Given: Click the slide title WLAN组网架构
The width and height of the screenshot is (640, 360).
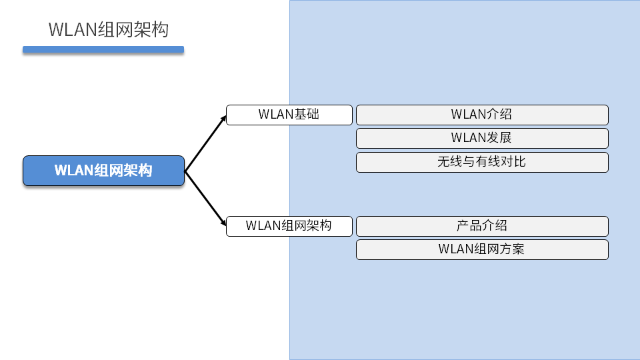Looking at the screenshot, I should click(x=109, y=30).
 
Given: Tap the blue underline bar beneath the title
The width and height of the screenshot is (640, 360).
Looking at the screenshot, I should click(x=103, y=49).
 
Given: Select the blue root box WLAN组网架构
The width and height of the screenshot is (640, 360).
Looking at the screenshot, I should click(x=103, y=171).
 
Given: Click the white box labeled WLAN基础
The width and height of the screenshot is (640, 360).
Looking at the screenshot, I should click(x=289, y=115).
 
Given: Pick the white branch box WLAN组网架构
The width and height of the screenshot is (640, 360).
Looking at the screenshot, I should click(x=289, y=226).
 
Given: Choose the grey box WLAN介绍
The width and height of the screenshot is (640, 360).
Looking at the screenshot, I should click(x=482, y=115).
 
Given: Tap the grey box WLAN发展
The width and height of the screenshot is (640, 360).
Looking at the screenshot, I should click(x=482, y=138).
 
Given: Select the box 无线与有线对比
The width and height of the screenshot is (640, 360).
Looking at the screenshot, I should click(x=482, y=162).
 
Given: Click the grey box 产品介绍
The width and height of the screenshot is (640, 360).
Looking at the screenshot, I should click(x=482, y=226).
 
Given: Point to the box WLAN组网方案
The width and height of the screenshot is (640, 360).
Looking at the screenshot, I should click(x=482, y=249).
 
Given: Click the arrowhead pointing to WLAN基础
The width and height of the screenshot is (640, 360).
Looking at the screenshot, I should click(x=223, y=119).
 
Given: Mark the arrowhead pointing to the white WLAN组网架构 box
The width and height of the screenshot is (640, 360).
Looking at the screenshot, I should click(x=223, y=228).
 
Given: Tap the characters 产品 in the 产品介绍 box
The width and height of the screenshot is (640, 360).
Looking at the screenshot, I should click(x=469, y=226).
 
